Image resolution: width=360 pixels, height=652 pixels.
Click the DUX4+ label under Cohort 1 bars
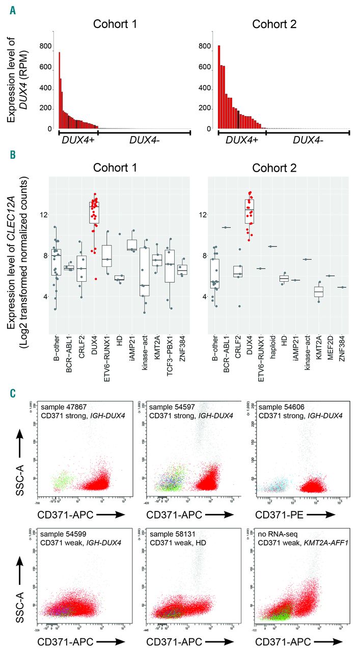click(x=76, y=140)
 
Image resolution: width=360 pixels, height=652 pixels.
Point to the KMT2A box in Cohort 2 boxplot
click(x=318, y=291)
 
